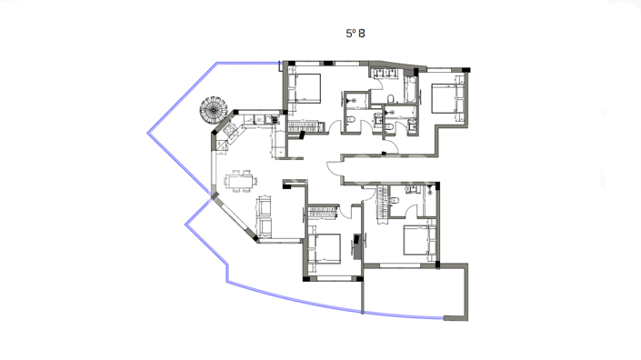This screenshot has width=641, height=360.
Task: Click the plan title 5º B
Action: tap(355, 33)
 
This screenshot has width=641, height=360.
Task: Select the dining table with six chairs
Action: tap(241, 182)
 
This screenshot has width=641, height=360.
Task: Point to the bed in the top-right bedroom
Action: tap(446, 98)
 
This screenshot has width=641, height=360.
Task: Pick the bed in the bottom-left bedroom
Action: tap(326, 246)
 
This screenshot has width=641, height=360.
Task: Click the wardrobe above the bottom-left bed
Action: tap(324, 211)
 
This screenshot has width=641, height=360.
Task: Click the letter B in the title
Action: tap(362, 33)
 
